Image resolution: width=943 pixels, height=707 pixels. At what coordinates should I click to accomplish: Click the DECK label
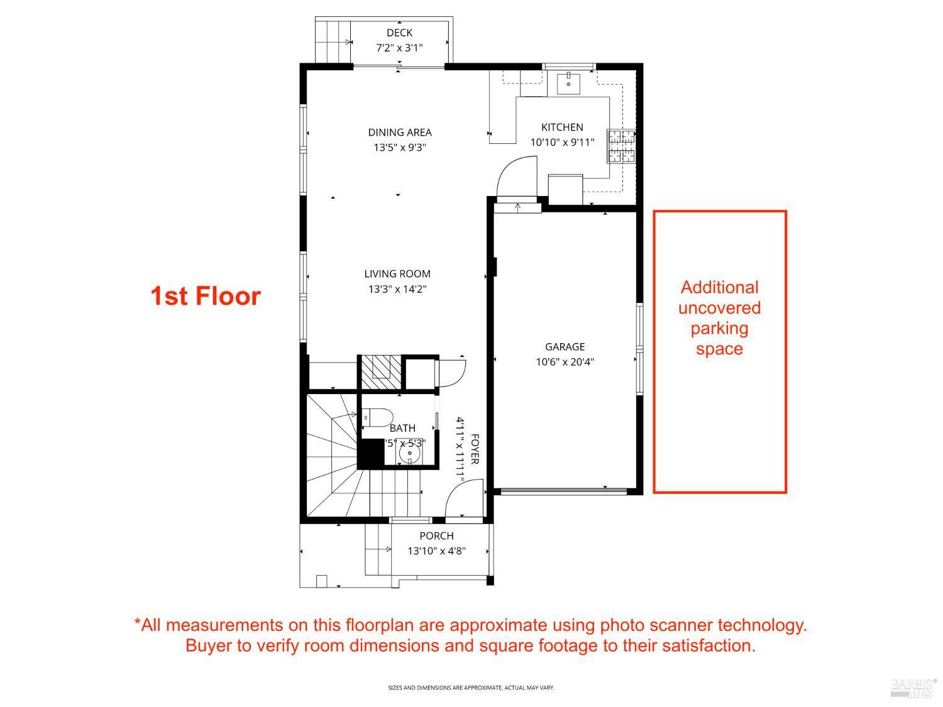tap(399, 33)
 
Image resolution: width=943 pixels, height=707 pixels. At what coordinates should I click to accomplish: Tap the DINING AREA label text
tap(400, 132)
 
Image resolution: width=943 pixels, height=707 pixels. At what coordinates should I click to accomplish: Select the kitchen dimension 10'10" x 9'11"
tap(562, 142)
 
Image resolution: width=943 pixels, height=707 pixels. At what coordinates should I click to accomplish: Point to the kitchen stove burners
tap(620, 146)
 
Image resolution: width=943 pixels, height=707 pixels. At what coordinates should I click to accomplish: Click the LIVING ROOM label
tap(397, 273)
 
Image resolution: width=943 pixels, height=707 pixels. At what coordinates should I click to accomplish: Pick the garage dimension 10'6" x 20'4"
tap(565, 361)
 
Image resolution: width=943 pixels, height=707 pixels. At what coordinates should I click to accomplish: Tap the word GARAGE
tap(565, 346)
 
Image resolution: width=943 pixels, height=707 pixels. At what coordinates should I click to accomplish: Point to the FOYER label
tap(475, 449)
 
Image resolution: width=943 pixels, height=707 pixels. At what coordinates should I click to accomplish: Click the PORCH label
tap(436, 535)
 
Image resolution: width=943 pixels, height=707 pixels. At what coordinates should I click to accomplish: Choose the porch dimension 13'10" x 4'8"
tap(436, 551)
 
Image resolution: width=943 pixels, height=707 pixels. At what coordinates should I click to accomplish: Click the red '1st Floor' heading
tap(206, 296)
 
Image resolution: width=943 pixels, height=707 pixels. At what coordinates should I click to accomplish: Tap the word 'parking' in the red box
tap(719, 328)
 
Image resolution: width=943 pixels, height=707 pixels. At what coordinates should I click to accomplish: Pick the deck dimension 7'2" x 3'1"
tap(399, 48)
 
